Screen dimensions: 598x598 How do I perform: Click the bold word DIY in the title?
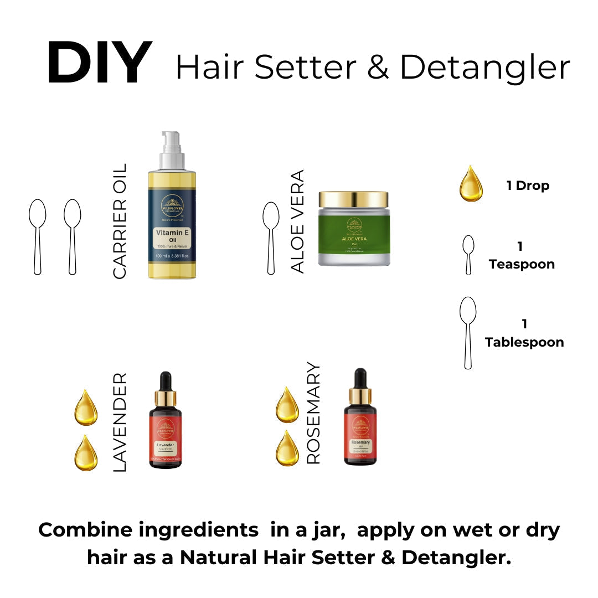pos(99,64)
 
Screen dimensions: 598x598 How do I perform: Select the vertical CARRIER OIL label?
pos(120,221)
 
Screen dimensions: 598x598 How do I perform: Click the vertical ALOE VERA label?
pos(298,221)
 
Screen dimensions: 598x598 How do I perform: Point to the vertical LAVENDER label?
pos(120,422)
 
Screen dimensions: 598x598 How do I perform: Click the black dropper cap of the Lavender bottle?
pos(165,382)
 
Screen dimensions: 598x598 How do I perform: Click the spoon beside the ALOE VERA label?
pos(271,238)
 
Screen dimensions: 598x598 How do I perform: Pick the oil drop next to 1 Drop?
pos(471,184)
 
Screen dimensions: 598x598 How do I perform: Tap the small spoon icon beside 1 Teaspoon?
pos(468,254)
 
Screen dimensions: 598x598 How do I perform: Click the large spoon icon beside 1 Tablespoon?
pos(468,332)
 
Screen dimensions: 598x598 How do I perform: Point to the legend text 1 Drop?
pos(528,185)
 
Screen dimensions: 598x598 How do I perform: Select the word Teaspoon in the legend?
pos(522,264)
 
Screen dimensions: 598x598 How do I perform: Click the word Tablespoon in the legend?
pos(524,342)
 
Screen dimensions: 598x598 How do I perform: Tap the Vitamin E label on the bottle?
pos(172,235)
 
